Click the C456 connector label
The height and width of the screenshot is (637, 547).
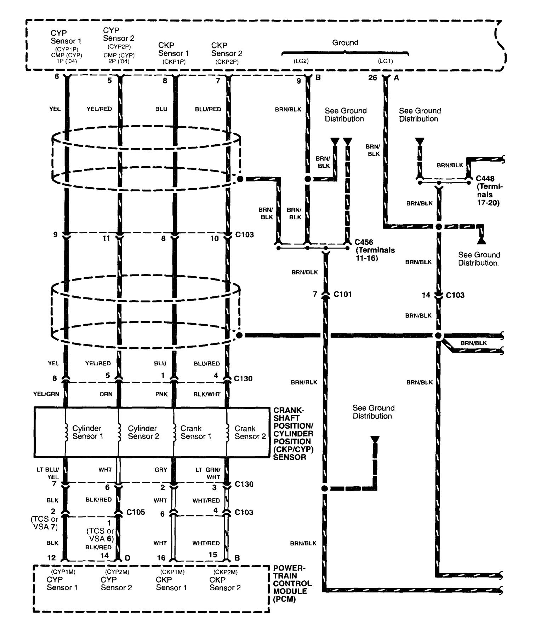365,242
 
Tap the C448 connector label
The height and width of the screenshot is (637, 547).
485,179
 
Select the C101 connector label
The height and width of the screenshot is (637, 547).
342,294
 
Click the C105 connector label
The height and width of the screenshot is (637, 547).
136,512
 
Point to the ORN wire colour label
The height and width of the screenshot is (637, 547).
106,394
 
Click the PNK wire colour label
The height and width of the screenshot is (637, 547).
161,394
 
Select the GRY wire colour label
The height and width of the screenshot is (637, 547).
160,470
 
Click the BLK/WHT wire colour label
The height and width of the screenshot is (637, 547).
207,394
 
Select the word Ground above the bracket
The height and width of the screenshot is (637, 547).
345,43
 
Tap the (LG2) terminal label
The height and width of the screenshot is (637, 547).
301,61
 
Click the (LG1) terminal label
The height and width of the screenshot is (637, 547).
385,61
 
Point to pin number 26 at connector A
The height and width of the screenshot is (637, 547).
373,77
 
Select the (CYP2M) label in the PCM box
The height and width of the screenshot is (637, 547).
117,572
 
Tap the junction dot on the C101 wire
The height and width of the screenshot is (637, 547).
324,488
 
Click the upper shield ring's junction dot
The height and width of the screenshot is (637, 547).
240,179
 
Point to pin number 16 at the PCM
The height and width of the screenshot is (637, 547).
161,558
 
